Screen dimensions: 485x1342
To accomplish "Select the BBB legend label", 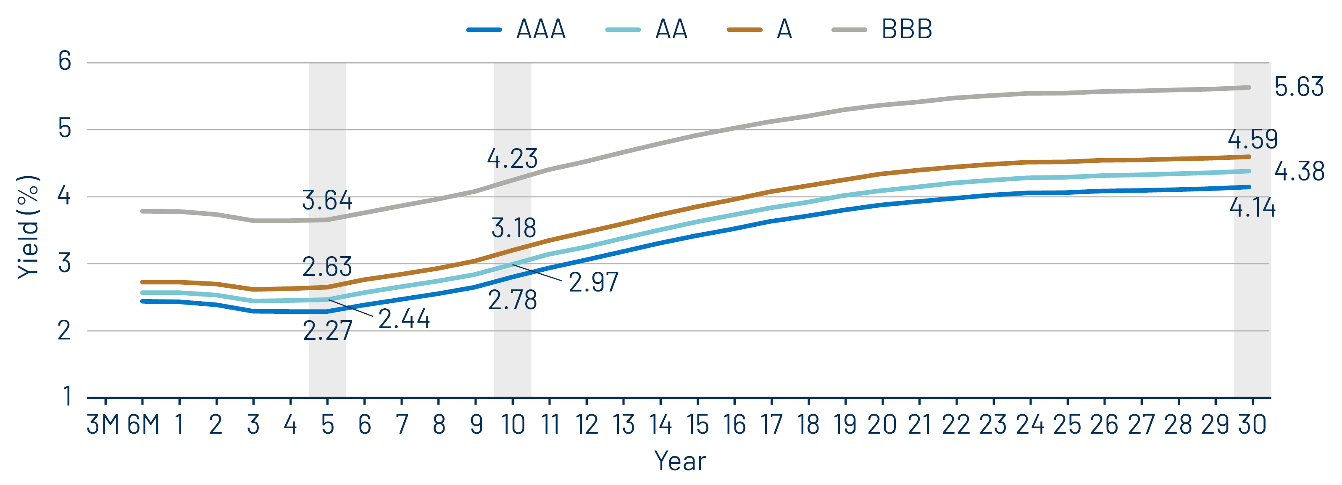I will [x=906, y=29].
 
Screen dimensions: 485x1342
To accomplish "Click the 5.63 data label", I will [x=1298, y=87].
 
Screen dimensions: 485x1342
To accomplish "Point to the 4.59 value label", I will [x=1253, y=139].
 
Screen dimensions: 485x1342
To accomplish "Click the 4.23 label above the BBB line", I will [x=512, y=159].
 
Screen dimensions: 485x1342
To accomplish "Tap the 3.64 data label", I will [x=327, y=200].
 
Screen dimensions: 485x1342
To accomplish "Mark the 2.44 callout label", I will [x=404, y=319].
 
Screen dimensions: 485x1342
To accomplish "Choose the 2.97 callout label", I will [x=593, y=282].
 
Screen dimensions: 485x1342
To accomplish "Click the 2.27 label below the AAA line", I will [x=327, y=331].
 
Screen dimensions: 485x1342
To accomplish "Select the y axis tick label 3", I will [x=65, y=263].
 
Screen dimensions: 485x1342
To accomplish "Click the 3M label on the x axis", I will [x=103, y=424].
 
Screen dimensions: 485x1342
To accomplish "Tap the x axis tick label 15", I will [x=697, y=424].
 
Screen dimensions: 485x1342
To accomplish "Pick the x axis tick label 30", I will [x=1252, y=424].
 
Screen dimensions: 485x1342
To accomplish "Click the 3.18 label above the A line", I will [x=514, y=228].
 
